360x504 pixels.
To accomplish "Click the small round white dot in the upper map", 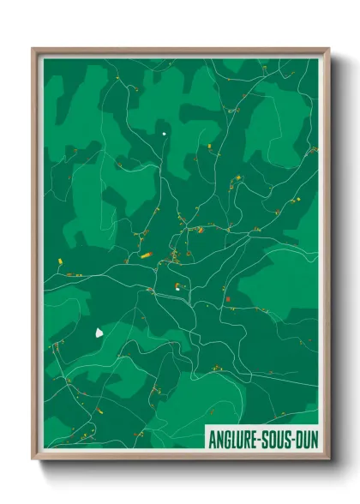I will click(164, 134).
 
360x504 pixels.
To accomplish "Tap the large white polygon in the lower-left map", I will click(99, 332).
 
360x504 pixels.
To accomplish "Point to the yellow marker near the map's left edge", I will click(59, 262).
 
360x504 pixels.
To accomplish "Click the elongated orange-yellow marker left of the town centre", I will click(146, 255).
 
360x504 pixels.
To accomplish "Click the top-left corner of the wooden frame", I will click(33, 50).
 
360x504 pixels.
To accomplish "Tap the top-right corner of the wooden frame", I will click(328, 50).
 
